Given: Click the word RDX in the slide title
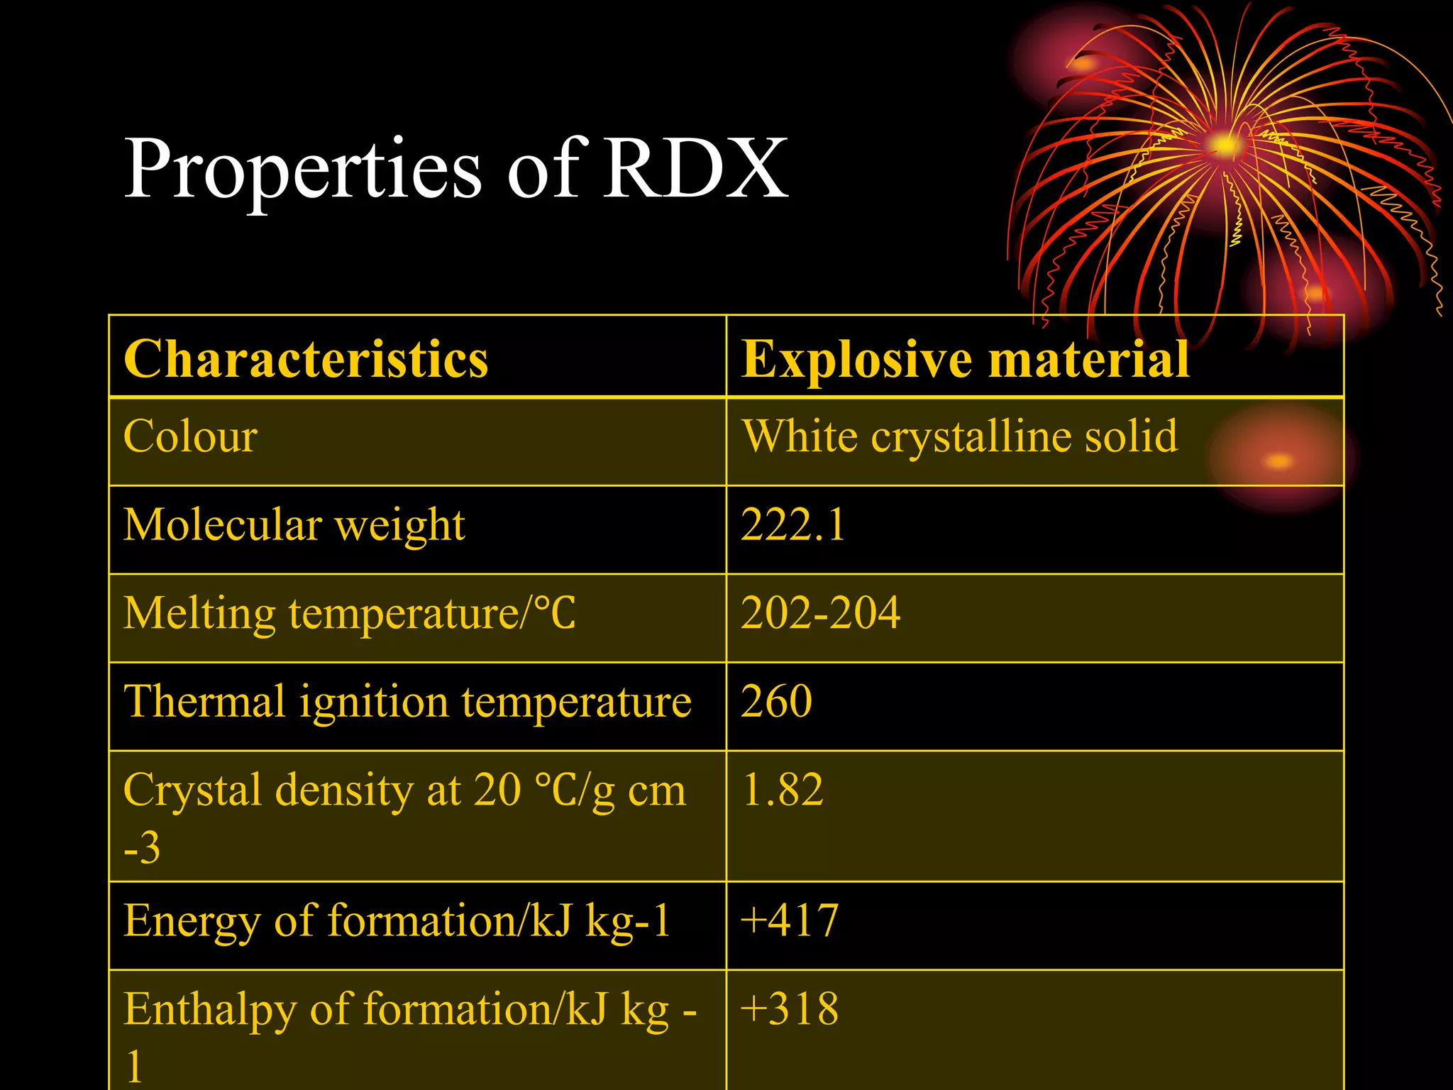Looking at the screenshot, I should pos(695,169).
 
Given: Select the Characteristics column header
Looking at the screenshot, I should pos(306,359).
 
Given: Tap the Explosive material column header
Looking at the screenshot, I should pos(965,359).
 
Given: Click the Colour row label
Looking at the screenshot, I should pos(190,436).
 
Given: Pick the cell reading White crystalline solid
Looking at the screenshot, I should pos(959,436).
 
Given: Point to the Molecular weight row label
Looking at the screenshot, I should pos(294,525).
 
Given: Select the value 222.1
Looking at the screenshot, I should pos(792,525).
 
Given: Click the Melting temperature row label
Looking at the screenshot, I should pos(349,613).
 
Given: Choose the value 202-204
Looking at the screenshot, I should pos(820,613).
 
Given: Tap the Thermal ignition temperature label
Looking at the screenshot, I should pos(407,702).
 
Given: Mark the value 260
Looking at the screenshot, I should pos(776,702).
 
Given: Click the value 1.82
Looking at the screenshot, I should pos(782,790).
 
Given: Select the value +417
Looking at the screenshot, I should pos(789,921).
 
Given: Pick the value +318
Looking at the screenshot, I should pos(789,1009).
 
